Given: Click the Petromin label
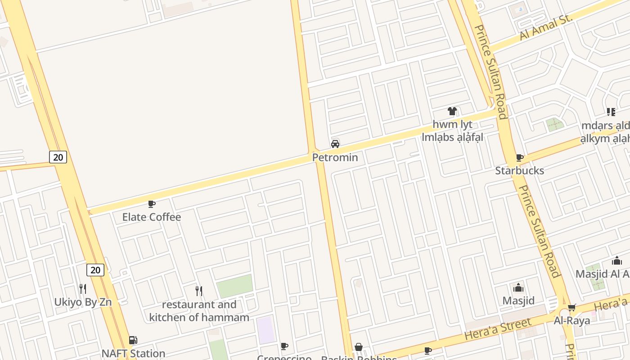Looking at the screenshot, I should click(335, 157).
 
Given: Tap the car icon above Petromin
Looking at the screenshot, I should click(335, 144).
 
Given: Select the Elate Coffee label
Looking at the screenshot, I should click(152, 217).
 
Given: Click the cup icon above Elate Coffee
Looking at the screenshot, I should click(152, 204).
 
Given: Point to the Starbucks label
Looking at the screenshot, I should click(520, 171).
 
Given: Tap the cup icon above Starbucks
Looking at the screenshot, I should click(520, 157).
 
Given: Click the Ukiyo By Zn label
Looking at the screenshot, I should click(83, 302).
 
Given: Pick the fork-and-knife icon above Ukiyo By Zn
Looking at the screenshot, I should click(83, 289).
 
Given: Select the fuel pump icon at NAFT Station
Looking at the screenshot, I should click(133, 341).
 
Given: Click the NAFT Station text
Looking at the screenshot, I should click(133, 353).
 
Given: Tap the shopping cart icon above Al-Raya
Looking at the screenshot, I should click(571, 308).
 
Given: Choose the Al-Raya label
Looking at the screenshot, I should click(571, 321).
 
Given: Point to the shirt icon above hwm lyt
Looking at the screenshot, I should click(452, 111).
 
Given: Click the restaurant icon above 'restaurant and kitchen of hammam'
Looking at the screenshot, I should click(199, 291).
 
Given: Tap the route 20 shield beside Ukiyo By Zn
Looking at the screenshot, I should click(95, 270).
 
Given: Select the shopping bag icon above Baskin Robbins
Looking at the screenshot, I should click(359, 347).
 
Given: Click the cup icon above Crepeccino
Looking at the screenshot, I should click(284, 346).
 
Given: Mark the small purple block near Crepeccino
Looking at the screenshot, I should click(265, 330).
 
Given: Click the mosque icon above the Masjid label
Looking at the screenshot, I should click(518, 288).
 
